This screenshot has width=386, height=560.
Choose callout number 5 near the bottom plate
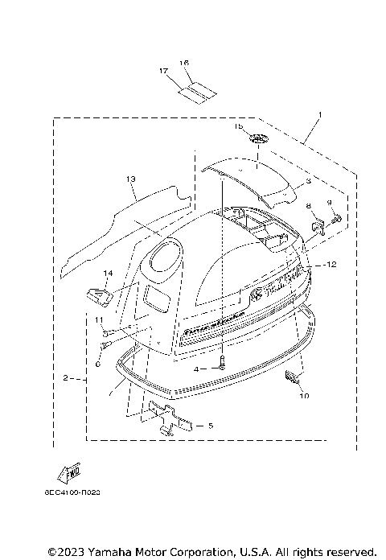point(210,426)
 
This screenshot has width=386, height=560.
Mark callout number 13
point(131,177)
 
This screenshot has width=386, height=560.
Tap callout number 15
point(238,126)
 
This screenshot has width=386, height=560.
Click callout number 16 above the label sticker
point(183,63)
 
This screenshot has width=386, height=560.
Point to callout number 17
point(164,71)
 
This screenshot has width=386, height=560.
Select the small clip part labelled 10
point(293,377)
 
